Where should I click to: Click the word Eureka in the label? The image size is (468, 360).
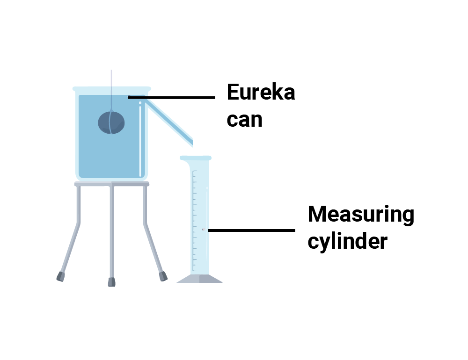[x=261, y=93]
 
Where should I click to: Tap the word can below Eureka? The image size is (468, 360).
[x=244, y=119]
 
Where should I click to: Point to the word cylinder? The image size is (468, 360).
[x=347, y=242]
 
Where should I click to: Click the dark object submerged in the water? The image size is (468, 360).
[x=111, y=123]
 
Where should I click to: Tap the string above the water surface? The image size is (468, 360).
[x=111, y=82]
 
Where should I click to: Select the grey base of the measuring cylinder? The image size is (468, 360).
[x=199, y=279]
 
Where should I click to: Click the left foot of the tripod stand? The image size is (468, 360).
[x=60, y=276]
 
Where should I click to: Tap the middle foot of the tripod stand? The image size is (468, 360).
[x=111, y=282]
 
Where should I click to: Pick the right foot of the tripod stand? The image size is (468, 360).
[x=162, y=276]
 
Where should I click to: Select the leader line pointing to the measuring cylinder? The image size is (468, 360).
[x=251, y=230]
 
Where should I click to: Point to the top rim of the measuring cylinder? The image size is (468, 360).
[x=196, y=158]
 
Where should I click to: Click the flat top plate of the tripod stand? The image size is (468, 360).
[x=111, y=184]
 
